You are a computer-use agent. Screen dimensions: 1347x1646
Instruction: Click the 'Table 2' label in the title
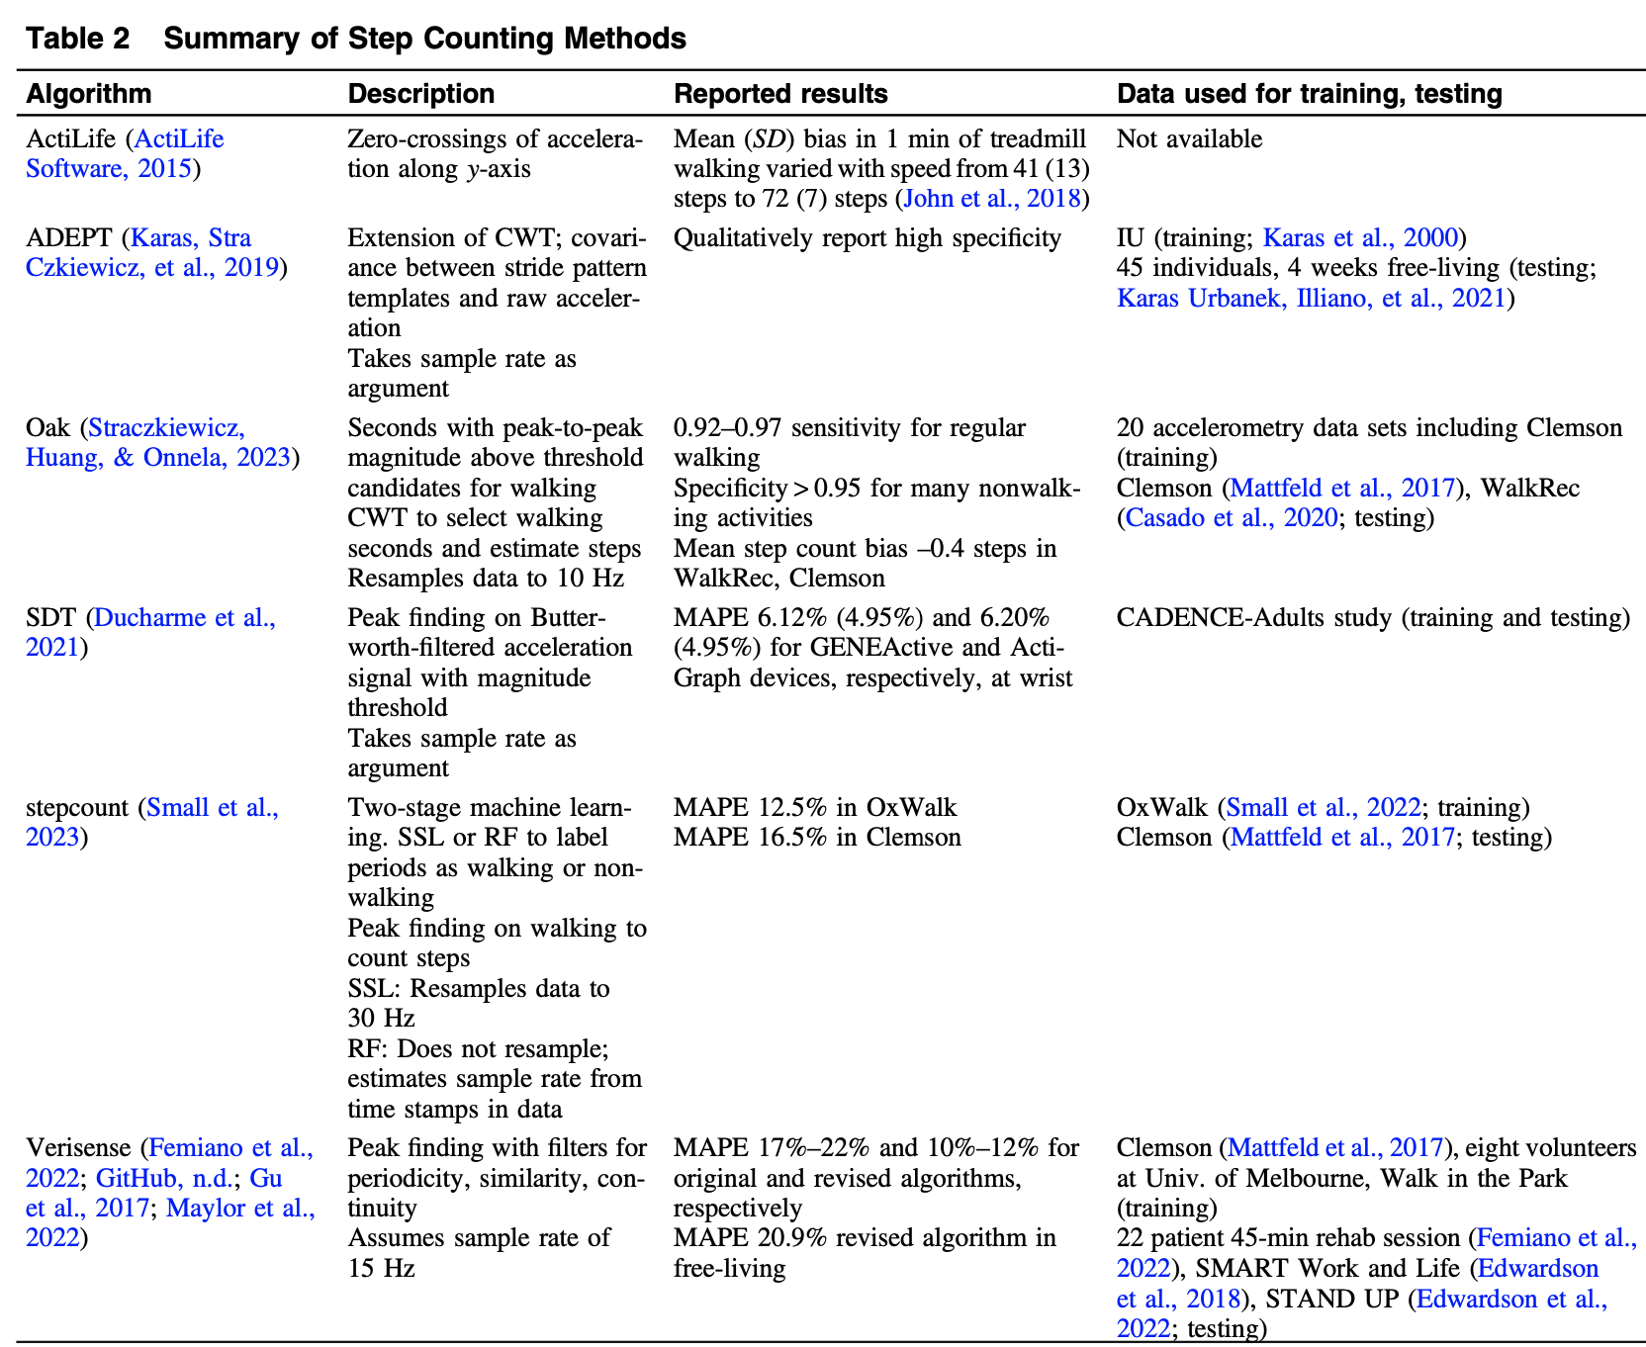point(77,39)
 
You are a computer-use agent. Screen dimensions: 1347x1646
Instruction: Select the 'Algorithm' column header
point(89,94)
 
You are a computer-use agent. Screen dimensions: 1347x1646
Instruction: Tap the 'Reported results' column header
point(779,94)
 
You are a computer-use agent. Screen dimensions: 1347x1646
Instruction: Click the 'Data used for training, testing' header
point(1309,94)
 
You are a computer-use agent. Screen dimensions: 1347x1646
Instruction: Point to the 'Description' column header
point(420,94)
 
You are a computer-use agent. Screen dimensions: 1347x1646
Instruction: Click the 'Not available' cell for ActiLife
point(1189,139)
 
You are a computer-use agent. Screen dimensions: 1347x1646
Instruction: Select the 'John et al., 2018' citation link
point(991,199)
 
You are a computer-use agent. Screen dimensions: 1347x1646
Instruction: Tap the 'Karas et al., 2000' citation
point(1360,238)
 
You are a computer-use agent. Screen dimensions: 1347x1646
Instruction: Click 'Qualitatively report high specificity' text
point(867,238)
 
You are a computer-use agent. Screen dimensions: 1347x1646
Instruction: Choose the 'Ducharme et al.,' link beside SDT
point(184,618)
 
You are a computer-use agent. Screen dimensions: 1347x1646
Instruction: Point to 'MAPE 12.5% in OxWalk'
point(814,808)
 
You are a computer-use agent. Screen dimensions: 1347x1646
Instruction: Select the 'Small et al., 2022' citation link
point(1323,808)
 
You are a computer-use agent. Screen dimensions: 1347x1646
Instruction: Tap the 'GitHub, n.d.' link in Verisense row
point(164,1179)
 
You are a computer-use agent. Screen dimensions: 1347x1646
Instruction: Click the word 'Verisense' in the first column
point(77,1148)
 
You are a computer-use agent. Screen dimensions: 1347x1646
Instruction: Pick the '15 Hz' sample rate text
point(381,1268)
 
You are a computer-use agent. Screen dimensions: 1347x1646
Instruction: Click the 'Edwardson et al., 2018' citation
point(1357,1283)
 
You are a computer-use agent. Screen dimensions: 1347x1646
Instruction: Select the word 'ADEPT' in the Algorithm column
point(69,238)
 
